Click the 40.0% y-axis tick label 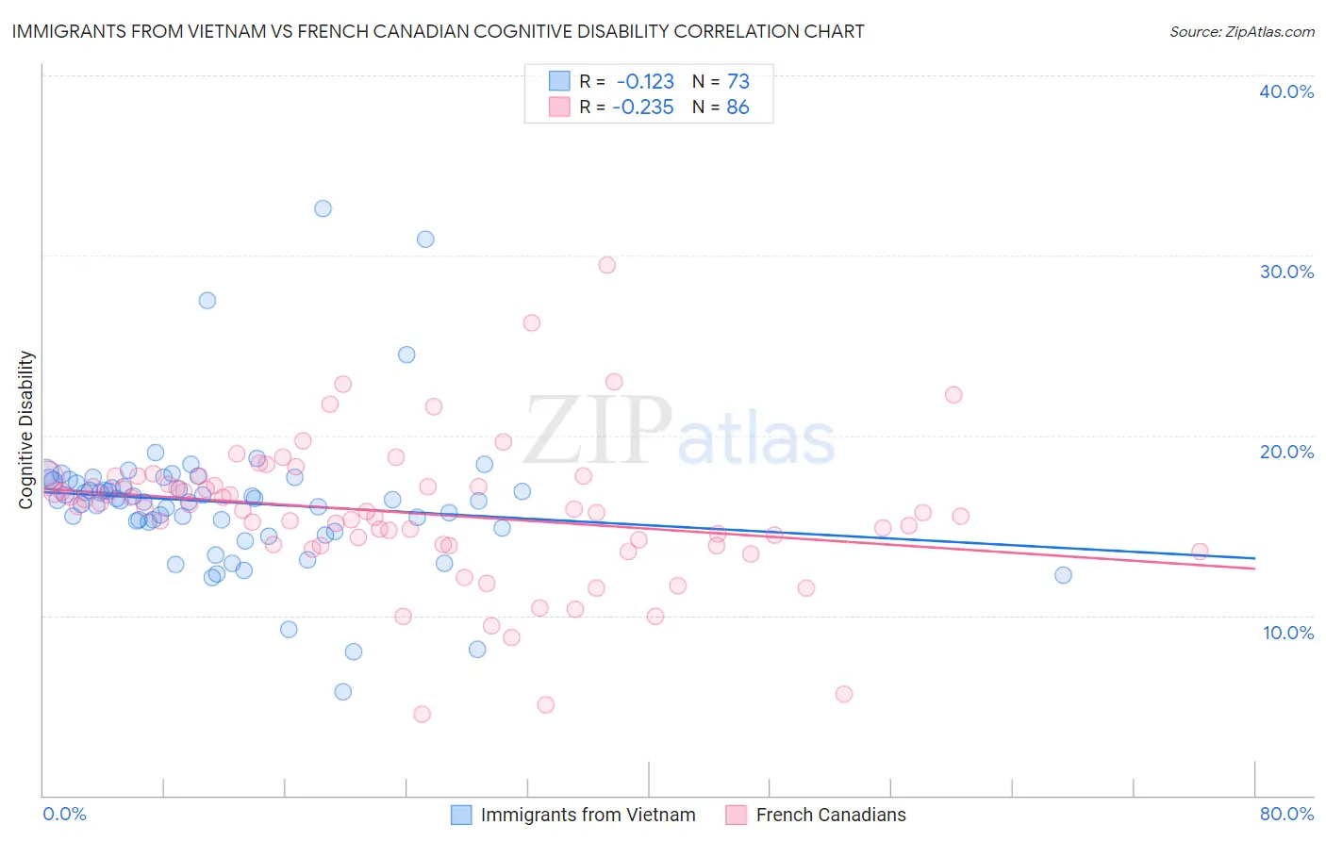[1286, 91]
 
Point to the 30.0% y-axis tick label [1286, 272]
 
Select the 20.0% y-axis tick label [1286, 452]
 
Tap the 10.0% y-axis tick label [1286, 633]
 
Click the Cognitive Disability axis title [26, 430]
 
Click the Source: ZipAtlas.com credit [1241, 31]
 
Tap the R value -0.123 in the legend [645, 81]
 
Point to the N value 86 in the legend [738, 107]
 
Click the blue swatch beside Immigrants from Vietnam [461, 815]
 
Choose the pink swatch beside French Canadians [736, 815]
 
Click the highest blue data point [323, 208]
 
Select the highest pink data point [606, 265]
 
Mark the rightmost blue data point [1063, 575]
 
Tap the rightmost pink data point [1200, 552]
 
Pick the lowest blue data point [342, 692]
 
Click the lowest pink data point [422, 714]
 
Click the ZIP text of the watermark [597, 432]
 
